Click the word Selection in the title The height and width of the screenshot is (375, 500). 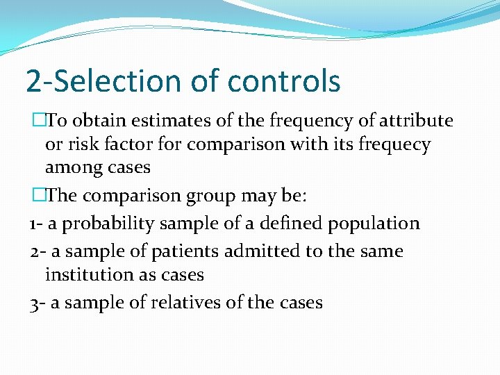pos(124,81)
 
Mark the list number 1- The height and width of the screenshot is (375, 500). pos(36,224)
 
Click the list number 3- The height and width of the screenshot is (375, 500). pos(37,303)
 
